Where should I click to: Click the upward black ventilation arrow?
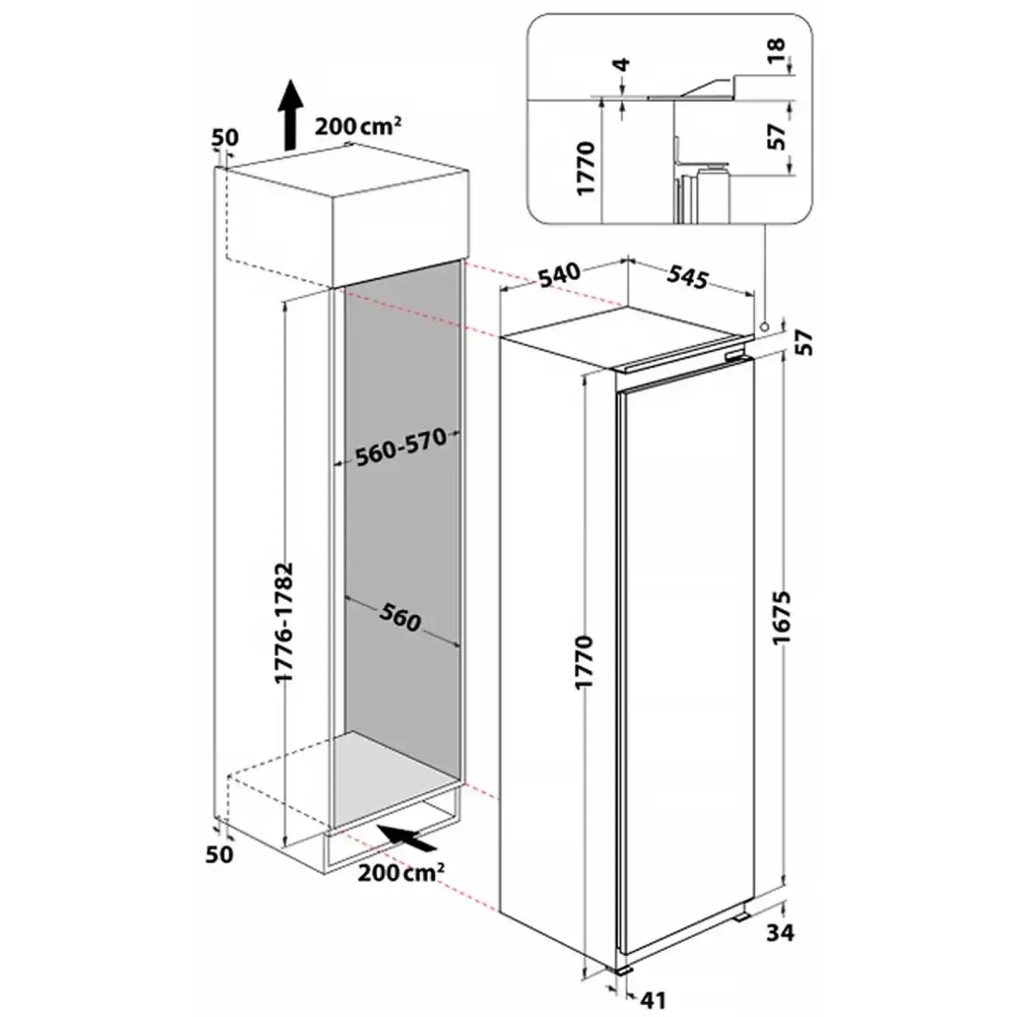point(290,114)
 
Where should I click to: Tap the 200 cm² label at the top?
point(358,125)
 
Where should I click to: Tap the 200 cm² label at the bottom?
point(400,872)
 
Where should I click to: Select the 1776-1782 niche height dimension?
point(283,622)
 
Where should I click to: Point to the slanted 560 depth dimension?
point(400,617)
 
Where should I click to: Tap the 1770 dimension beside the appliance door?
point(583,661)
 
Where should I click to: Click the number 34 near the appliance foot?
point(780,933)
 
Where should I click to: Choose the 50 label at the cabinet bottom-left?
point(220,854)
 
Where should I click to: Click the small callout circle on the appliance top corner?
point(764,325)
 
